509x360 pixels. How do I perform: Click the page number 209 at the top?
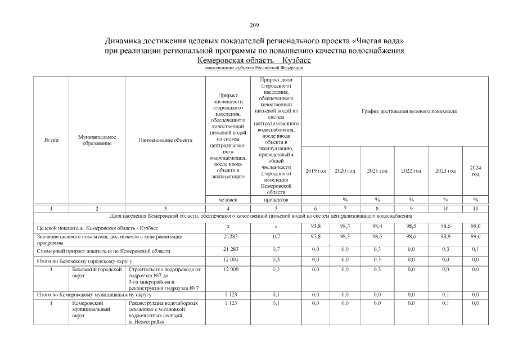point(254,25)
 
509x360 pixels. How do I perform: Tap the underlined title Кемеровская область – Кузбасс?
point(254,60)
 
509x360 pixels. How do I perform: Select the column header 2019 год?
point(316,170)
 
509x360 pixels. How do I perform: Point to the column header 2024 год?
point(475,170)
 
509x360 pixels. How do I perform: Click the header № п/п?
point(51,140)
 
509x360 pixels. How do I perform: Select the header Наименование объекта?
point(165,140)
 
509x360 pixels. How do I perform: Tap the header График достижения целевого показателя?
point(408,111)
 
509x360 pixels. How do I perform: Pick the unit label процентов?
point(276,200)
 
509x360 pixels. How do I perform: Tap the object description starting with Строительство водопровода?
point(164,278)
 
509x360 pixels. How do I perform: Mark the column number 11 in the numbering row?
point(475,208)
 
